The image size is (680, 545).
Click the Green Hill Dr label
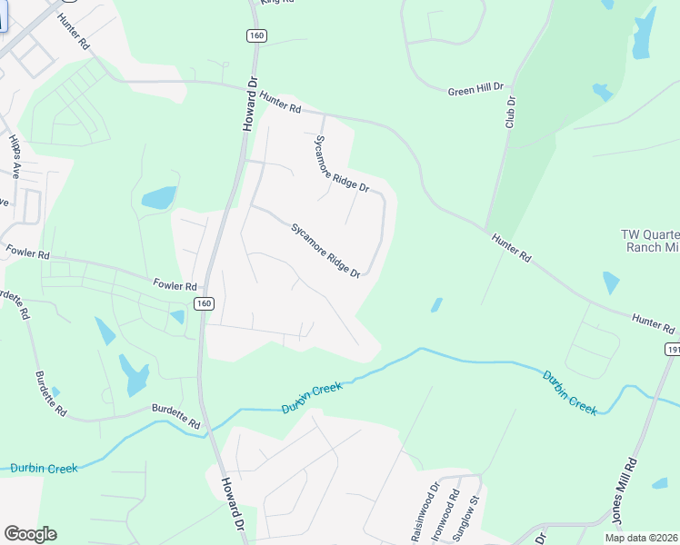point(475,89)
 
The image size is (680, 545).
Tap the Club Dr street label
point(511,112)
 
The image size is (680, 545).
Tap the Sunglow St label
point(474,518)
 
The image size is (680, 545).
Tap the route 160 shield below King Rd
point(255,35)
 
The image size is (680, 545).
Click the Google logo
point(30,534)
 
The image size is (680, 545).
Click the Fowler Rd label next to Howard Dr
point(175,285)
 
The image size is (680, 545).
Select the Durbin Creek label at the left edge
point(45,468)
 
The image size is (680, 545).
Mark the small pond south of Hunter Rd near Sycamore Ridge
point(436,305)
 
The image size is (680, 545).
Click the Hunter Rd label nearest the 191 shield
point(655,322)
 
